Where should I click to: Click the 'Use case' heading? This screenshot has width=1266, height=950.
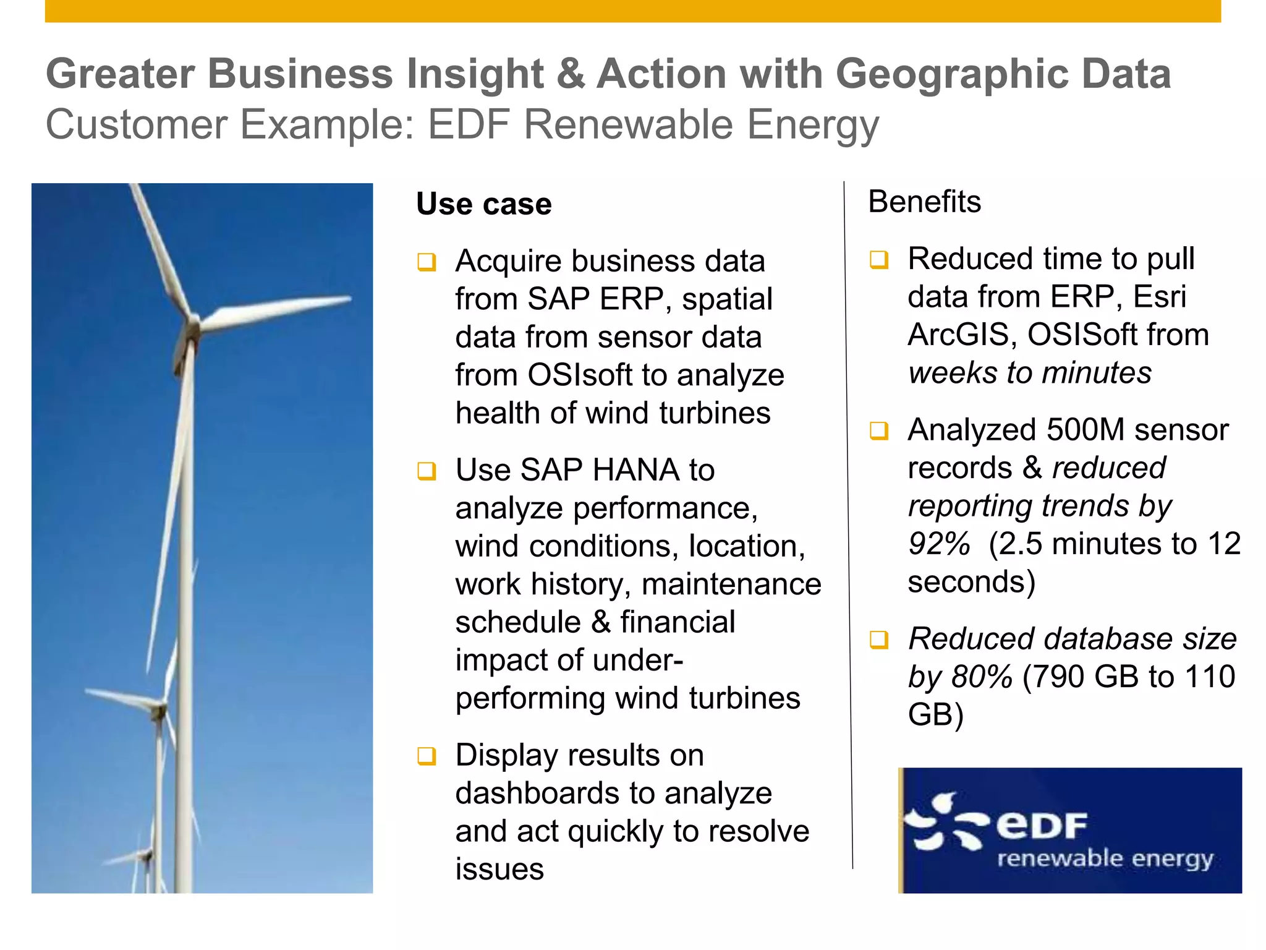pyautogui.click(x=483, y=204)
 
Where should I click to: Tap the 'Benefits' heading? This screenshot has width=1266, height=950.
pyautogui.click(x=924, y=202)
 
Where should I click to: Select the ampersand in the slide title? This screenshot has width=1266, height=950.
pyautogui.click(x=569, y=74)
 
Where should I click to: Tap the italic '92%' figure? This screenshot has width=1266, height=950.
pyautogui.click(x=938, y=544)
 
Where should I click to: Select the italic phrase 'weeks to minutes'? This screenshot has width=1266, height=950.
pyautogui.click(x=1029, y=373)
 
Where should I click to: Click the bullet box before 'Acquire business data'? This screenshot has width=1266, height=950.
pyautogui.click(x=427, y=262)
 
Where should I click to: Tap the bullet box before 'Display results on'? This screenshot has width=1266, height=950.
pyautogui.click(x=427, y=756)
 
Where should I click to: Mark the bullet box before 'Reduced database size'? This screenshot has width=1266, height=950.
pyautogui.click(x=879, y=640)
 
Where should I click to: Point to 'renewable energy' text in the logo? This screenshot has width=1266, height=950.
pyautogui.click(x=1105, y=859)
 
